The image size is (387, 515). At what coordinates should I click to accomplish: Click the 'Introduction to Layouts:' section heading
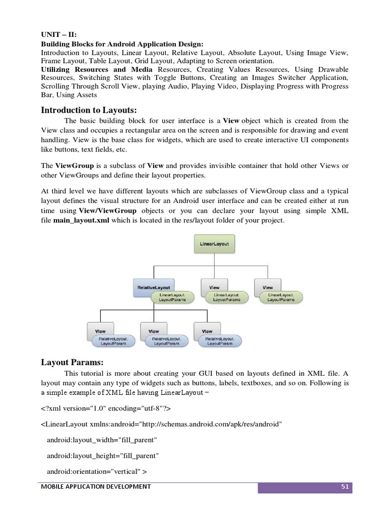(x=89, y=110)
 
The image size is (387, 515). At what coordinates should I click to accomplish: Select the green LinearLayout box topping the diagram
(x=214, y=244)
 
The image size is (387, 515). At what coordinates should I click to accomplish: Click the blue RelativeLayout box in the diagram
(x=154, y=287)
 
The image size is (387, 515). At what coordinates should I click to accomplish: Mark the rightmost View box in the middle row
(x=268, y=287)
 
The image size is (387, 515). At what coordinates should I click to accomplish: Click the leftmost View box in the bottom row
(x=101, y=331)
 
